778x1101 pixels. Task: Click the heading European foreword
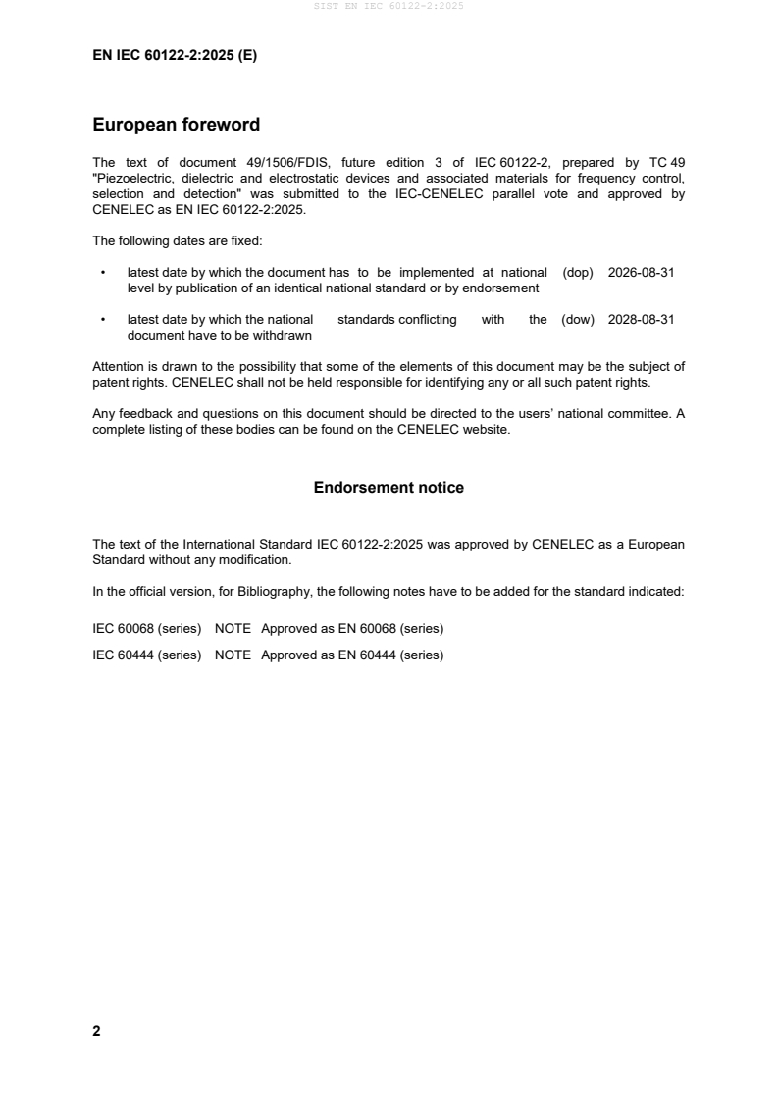pos(176,126)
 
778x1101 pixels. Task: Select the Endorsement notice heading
pos(389,488)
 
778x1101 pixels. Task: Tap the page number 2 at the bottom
pos(96,1031)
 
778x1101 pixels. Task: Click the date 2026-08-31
pos(641,273)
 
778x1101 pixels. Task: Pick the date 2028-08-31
pos(641,320)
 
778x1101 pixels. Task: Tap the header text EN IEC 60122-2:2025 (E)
pos(175,56)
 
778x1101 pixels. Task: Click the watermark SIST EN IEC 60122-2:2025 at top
pos(389,6)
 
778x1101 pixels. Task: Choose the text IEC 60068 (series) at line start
pos(146,628)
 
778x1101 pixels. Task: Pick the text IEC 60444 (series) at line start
pos(146,655)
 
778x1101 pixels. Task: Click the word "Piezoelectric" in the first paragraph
pos(131,179)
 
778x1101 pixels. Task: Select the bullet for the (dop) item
pos(102,273)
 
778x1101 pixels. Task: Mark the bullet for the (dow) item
pos(102,320)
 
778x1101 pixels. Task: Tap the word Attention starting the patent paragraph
pos(119,367)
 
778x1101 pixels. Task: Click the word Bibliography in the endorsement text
pos(272,592)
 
